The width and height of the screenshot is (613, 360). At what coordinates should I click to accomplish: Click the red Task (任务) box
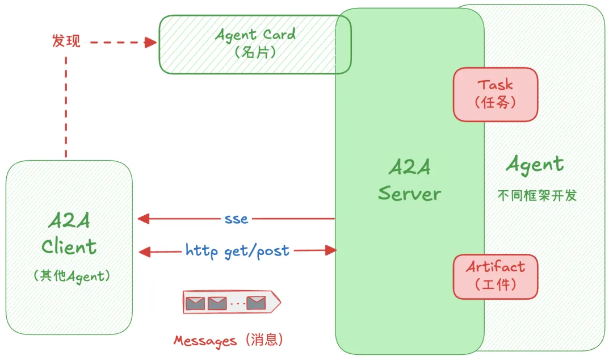click(495, 94)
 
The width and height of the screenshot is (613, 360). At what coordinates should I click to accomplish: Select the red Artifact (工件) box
click(495, 277)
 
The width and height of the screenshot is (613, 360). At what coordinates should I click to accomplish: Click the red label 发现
click(66, 41)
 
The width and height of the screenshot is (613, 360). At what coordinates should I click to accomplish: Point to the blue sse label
click(236, 219)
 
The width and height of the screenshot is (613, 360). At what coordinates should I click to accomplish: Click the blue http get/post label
click(237, 250)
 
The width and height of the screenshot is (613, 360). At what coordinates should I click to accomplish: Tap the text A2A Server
click(409, 180)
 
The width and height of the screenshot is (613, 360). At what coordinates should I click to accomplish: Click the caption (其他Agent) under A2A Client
click(69, 277)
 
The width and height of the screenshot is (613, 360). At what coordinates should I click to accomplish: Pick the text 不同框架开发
click(537, 196)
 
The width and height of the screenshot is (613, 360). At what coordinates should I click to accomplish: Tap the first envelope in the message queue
click(195, 303)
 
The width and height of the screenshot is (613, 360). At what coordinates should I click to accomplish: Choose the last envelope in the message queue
click(256, 303)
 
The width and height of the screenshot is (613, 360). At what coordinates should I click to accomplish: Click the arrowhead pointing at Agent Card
click(151, 42)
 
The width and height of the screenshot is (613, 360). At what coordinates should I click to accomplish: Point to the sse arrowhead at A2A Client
click(144, 219)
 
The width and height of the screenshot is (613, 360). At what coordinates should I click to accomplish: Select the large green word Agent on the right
click(535, 165)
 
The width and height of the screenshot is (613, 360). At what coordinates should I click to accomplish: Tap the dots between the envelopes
click(237, 304)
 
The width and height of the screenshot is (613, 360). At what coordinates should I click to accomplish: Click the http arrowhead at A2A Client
click(144, 250)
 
